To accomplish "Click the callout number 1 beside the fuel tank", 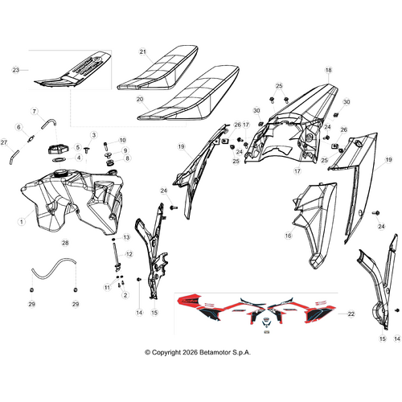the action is [x=22, y=222].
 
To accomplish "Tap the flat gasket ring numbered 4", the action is [x=60, y=160].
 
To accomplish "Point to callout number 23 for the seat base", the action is [x=16, y=70].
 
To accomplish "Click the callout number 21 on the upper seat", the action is [x=143, y=51].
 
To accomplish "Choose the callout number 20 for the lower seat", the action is [x=140, y=100].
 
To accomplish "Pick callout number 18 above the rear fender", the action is [x=329, y=70].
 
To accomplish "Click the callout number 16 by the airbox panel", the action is [x=288, y=236].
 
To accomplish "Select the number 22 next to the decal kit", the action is [x=351, y=314].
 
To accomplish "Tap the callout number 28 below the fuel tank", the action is [x=65, y=243].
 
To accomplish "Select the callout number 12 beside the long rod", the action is [x=129, y=254].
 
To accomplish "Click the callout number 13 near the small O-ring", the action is [x=126, y=237].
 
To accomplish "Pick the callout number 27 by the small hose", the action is [x=4, y=142].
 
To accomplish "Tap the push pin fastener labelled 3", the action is [x=87, y=150].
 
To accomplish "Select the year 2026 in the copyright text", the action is [x=190, y=352].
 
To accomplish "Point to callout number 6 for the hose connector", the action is [x=18, y=127].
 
